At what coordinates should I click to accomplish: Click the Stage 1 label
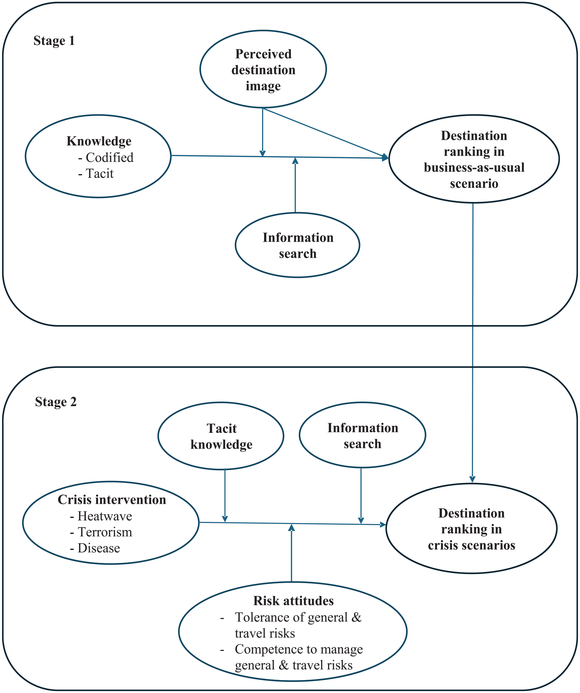click(54, 41)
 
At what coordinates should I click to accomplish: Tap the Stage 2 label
click(56, 402)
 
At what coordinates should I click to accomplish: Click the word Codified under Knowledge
click(109, 158)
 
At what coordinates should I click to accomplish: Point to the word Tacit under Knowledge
click(100, 174)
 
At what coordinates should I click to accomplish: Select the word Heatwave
click(105, 516)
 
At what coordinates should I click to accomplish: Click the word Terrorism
click(105, 532)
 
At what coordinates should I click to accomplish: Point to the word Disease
click(99, 548)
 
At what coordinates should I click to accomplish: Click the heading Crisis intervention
click(112, 500)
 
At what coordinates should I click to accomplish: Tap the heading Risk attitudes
click(294, 601)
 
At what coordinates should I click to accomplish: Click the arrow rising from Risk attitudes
click(292, 553)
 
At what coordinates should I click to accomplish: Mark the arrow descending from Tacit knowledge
click(225, 496)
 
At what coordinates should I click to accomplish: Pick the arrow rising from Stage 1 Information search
click(295, 185)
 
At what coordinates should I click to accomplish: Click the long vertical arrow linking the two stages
click(473, 343)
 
